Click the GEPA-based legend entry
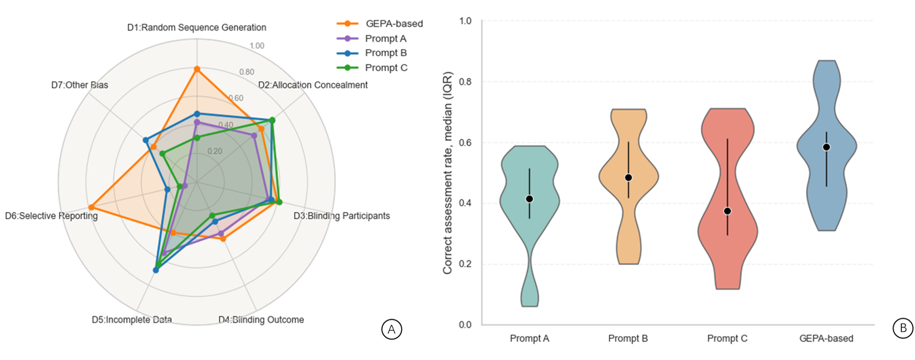tap(394, 24)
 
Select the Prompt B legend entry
tap(385, 53)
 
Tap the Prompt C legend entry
tap(386, 67)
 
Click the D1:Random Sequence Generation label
tap(196, 27)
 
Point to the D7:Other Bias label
tap(80, 85)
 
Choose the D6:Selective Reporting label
tap(51, 216)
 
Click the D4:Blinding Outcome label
tap(261, 320)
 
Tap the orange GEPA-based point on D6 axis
tap(91, 207)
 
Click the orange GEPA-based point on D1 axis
tap(197, 69)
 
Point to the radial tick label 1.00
tap(257, 46)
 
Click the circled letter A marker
tap(392, 329)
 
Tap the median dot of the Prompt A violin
tap(530, 199)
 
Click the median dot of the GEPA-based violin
tap(826, 147)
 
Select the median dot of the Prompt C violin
tap(727, 211)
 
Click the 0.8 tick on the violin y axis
tap(465, 82)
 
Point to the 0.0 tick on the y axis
tap(465, 325)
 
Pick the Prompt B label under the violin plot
tap(628, 339)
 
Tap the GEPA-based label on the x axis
tap(826, 339)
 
